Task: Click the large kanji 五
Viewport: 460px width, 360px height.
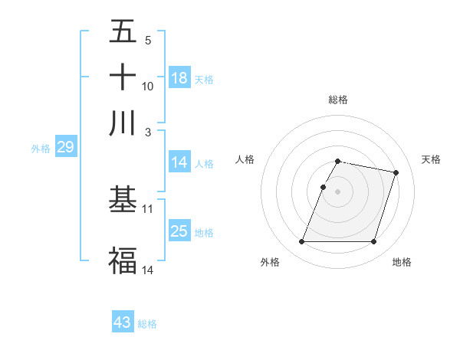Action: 123,31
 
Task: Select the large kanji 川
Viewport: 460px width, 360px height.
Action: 123,123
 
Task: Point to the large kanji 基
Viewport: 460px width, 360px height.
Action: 123,200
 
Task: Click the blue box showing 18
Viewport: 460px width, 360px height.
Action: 179,78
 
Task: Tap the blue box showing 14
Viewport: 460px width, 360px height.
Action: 179,162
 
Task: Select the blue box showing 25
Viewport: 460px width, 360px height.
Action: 179,231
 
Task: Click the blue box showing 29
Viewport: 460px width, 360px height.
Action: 65,148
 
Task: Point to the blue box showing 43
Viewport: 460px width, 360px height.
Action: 123,322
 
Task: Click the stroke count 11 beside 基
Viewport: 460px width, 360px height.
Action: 148,208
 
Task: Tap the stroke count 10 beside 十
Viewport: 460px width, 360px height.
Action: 148,86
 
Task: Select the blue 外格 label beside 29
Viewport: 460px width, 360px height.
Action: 41,149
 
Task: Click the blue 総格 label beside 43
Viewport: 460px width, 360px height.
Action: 147,324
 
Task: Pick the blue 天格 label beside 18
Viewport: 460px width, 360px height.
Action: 203,79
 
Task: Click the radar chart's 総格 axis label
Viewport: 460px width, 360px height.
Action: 338,100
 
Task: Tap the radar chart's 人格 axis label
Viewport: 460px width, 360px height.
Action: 245,159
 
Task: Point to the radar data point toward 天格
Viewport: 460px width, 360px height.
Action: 396,173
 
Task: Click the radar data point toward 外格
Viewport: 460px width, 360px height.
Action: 301,242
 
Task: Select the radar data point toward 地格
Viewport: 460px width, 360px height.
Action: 373,242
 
